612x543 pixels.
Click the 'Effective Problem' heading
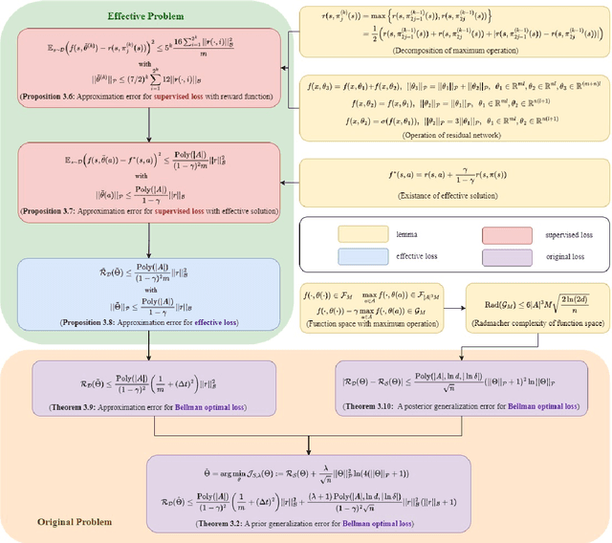[x=145, y=16]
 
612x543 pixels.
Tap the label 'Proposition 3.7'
[x=56, y=209]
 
